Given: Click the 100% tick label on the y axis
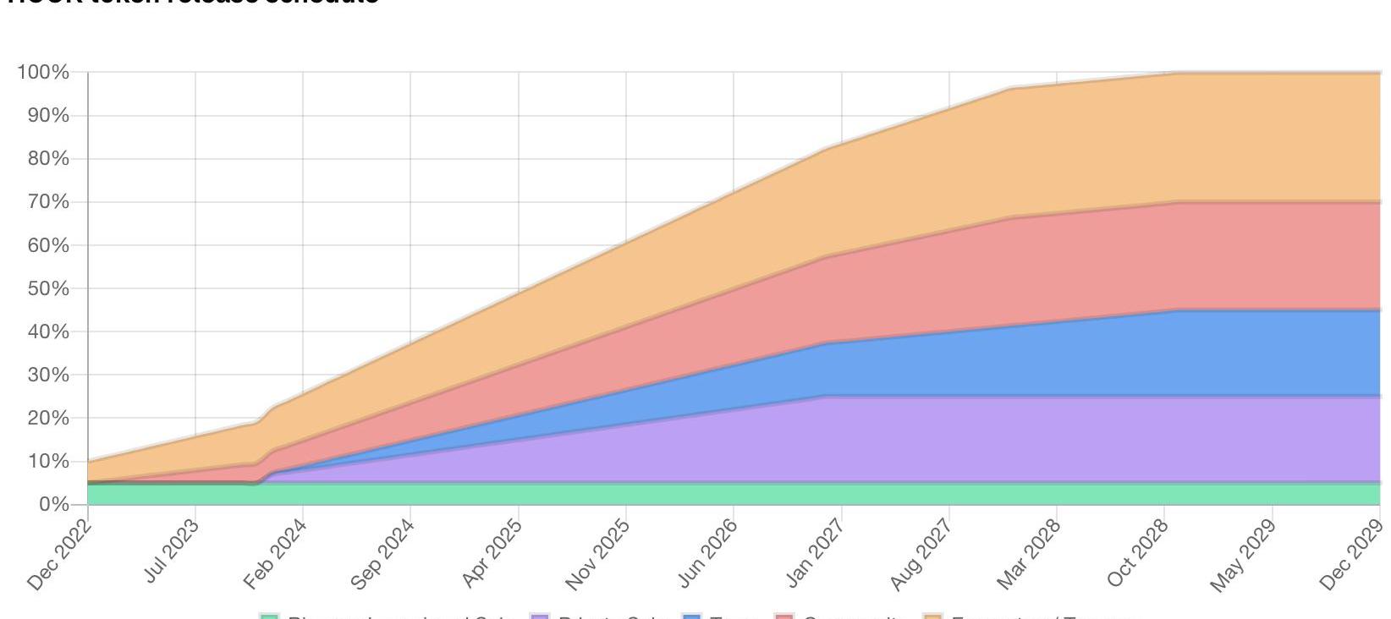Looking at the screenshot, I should pos(42,73).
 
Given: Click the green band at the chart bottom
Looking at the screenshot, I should pos(677,493).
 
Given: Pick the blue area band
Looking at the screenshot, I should pos(1100,355).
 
